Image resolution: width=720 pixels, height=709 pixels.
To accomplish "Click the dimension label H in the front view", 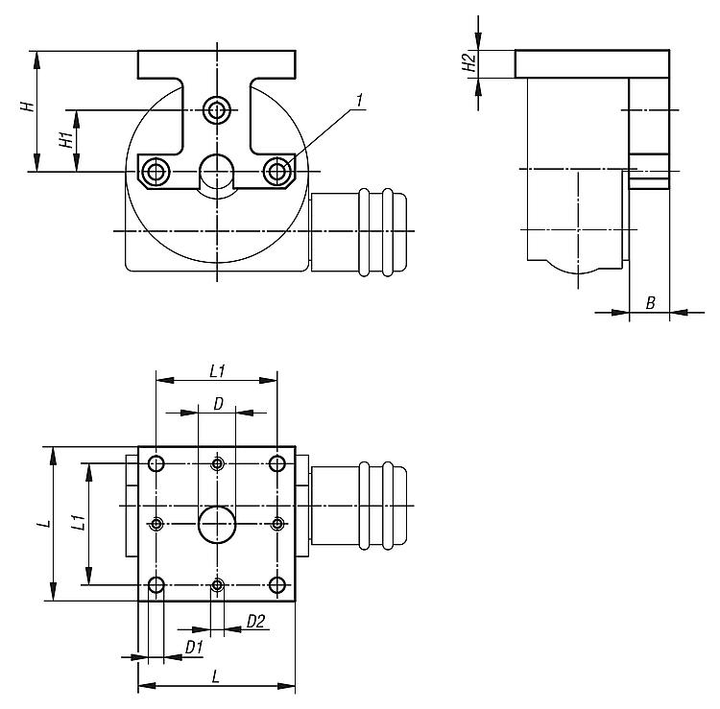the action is [x=28, y=106].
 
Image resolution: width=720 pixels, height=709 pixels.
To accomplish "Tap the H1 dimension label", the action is [x=66, y=139].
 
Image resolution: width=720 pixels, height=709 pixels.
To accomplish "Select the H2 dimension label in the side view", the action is [x=468, y=63].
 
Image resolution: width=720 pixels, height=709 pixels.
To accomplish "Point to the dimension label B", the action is [x=650, y=303].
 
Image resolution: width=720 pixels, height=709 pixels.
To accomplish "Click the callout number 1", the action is [x=360, y=101].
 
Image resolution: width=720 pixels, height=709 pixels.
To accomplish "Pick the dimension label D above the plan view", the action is [x=219, y=404].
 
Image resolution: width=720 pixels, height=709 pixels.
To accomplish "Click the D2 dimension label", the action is [x=255, y=622].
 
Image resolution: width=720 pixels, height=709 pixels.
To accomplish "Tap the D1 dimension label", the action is [x=194, y=647].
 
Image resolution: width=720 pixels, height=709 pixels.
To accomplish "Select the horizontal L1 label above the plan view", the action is [x=217, y=371].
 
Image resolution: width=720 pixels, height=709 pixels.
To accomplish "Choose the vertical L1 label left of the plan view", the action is [x=79, y=523].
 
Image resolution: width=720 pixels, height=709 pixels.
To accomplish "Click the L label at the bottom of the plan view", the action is [x=216, y=676].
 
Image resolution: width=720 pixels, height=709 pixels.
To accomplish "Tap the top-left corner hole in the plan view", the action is [x=156, y=463].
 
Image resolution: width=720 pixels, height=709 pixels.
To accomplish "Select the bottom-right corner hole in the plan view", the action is [x=276, y=585].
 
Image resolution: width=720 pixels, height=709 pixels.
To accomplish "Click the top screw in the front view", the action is [x=217, y=110].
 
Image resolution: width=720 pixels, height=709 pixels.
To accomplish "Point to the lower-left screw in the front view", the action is [x=156, y=172].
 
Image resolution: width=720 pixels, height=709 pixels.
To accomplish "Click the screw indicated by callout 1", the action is [x=276, y=172].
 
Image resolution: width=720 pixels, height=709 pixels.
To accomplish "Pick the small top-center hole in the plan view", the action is [x=217, y=463].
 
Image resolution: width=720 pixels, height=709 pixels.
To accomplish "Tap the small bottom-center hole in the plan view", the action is [x=217, y=585].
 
